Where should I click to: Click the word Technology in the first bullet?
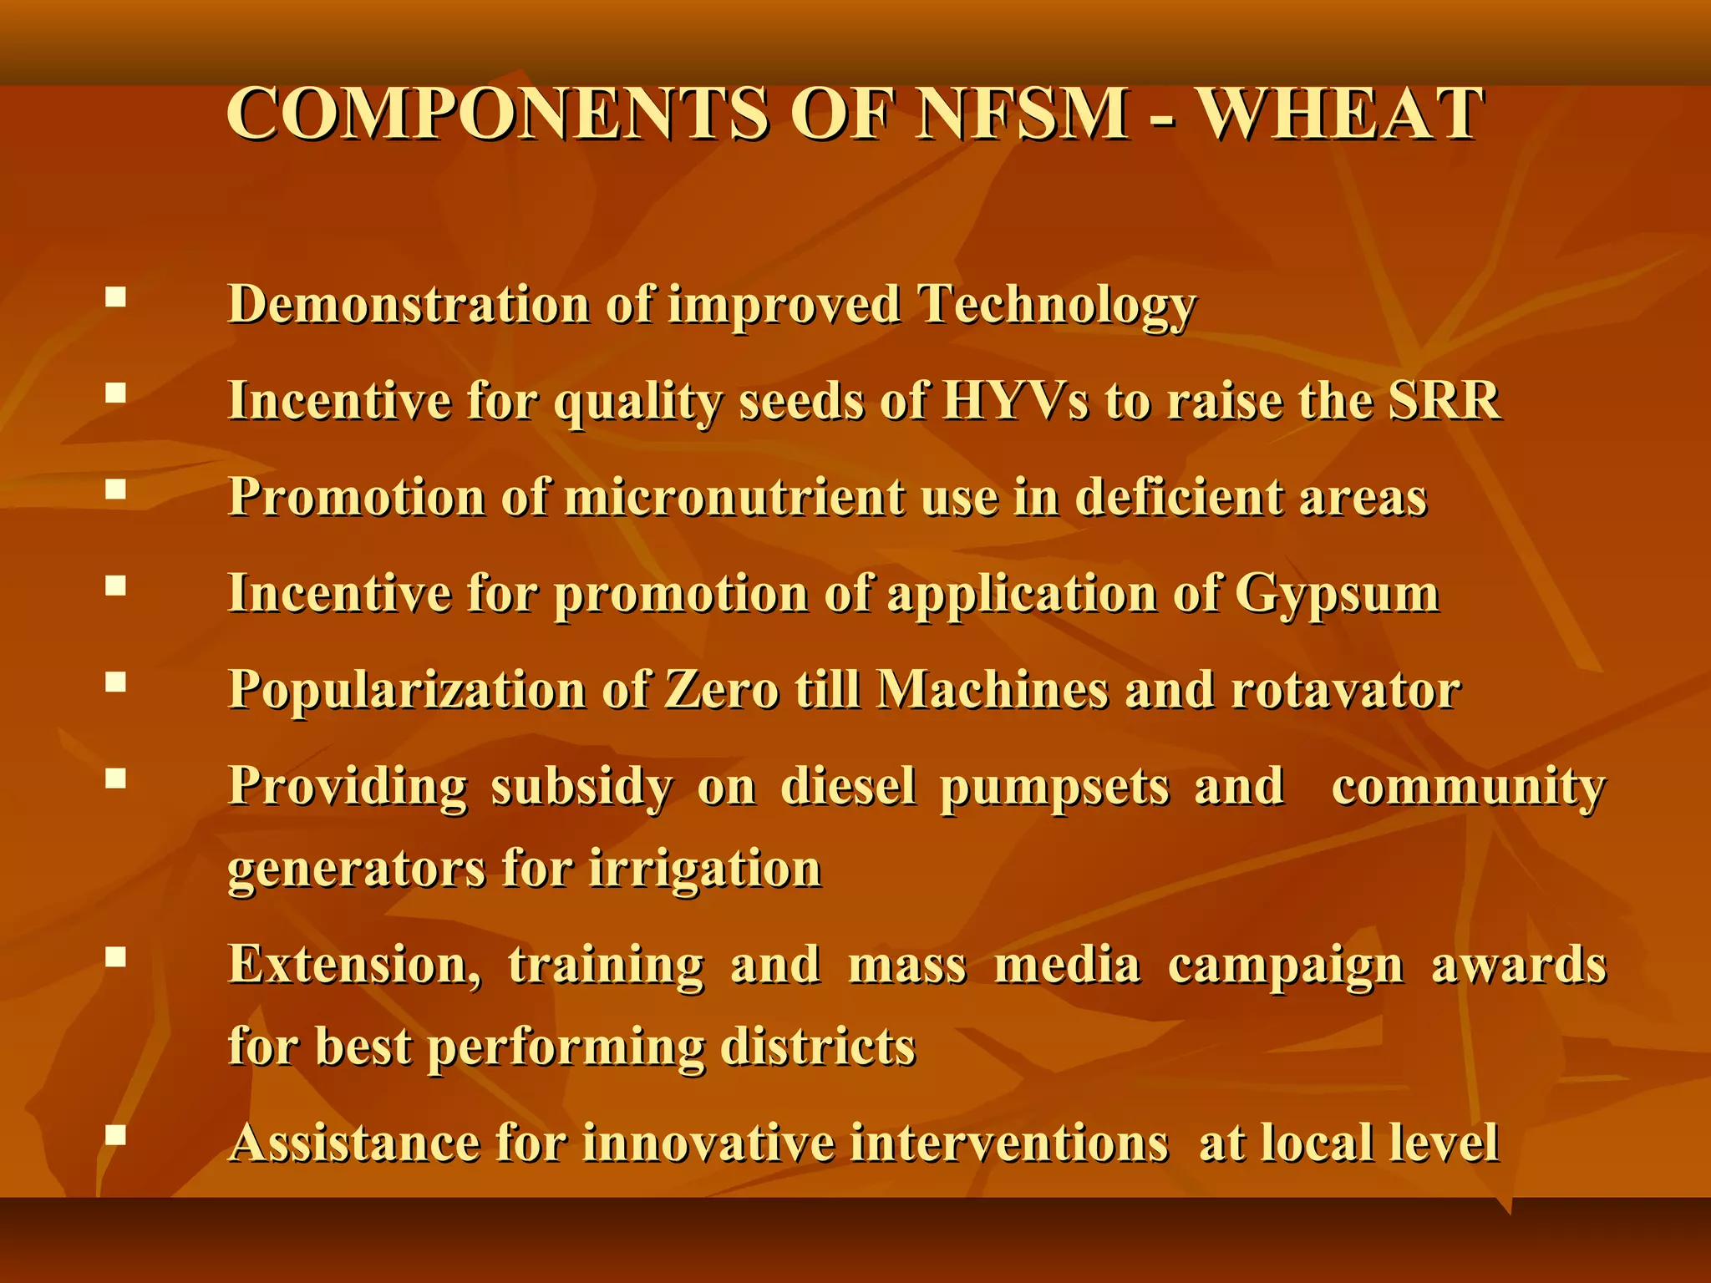click(1057, 306)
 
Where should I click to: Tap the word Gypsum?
click(1337, 596)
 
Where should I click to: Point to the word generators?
click(356, 870)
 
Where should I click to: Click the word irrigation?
click(705, 869)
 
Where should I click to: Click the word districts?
click(818, 1047)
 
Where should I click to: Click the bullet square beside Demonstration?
click(116, 297)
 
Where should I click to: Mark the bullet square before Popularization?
click(116, 683)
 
